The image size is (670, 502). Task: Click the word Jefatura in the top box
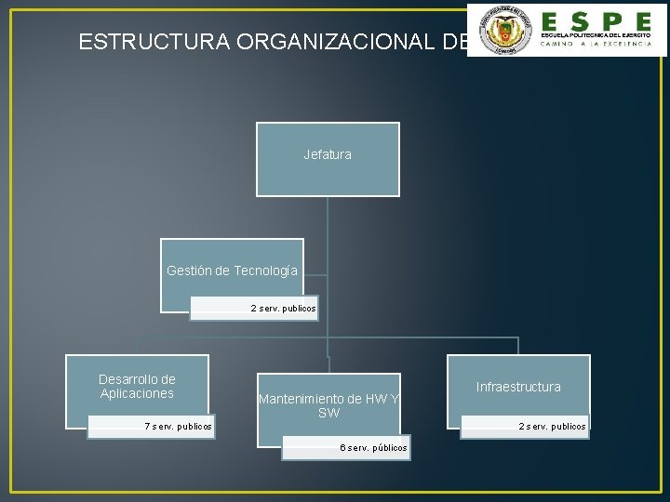328,154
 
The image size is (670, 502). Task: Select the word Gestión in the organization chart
189,271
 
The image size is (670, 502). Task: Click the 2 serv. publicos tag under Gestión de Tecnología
283,308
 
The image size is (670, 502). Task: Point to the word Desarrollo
137,379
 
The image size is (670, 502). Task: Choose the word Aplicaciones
137,393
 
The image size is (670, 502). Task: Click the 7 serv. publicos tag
178,427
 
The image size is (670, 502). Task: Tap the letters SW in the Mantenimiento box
328,413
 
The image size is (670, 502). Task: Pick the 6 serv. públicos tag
373,448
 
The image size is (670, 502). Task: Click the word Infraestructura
518,386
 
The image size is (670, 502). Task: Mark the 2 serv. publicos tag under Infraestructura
553,427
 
